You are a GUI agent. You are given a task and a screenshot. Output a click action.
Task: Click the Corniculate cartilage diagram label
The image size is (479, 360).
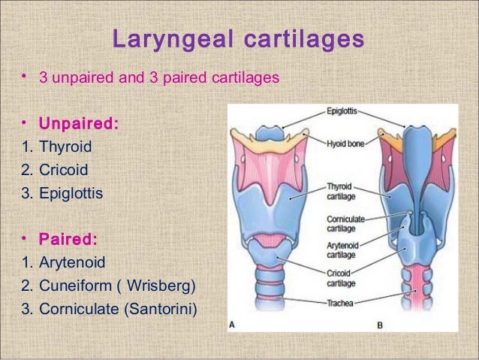344,224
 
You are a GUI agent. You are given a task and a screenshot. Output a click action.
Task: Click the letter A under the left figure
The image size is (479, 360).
233,325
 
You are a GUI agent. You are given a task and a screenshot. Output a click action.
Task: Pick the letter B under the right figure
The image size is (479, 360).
379,325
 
